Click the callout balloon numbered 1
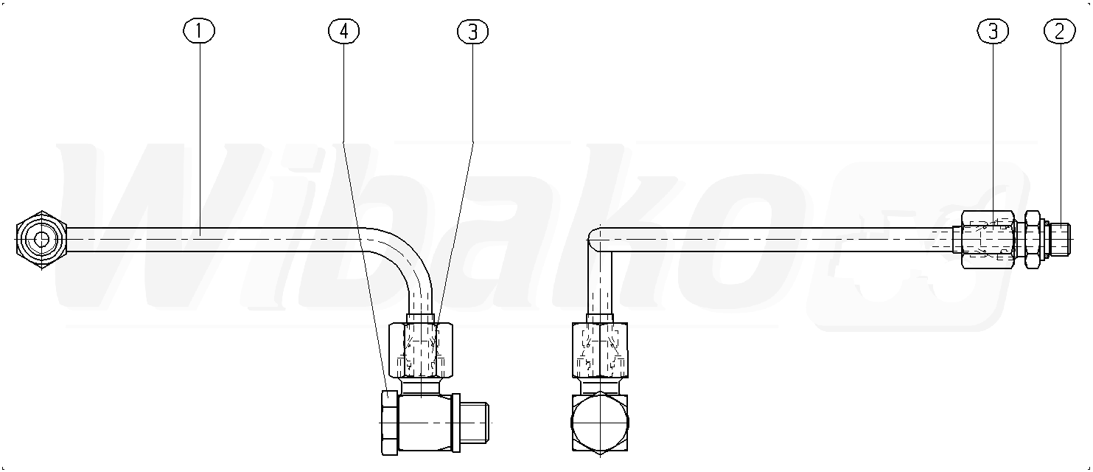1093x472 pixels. pos(199,31)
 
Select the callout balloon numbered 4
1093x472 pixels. pos(344,31)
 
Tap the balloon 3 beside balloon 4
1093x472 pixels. pos(473,32)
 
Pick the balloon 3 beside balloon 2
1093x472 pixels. pos(993,31)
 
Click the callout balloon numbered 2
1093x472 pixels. pos(1059,31)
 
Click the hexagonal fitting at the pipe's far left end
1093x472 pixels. pos(41,240)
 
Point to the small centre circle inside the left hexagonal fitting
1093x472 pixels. pos(41,240)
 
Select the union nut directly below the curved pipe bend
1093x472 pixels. pos(421,350)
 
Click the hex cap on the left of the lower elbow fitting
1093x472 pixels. pos(389,422)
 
